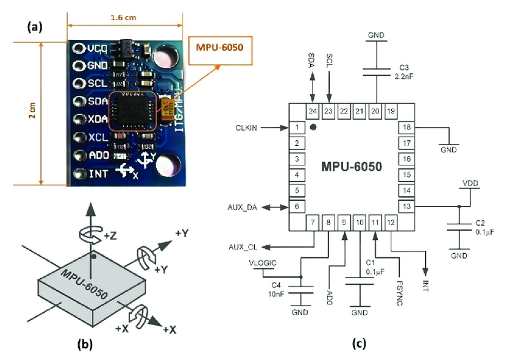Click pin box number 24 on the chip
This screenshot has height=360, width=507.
pyautogui.click(x=312, y=111)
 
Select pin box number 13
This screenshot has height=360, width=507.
pyautogui.click(x=406, y=207)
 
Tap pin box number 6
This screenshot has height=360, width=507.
pyautogui.click(x=296, y=207)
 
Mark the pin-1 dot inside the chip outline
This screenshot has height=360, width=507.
pyautogui.click(x=313, y=127)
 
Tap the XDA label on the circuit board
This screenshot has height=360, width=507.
pyautogui.click(x=97, y=119)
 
